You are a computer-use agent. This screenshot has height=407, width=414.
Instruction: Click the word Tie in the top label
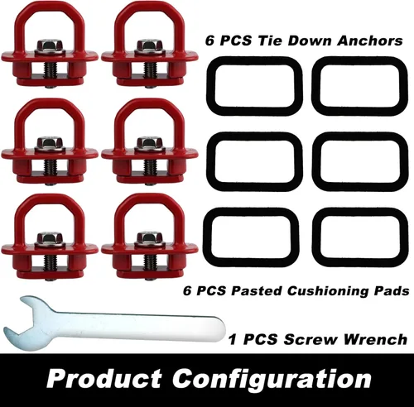[269, 41]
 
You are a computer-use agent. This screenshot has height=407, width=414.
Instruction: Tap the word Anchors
[369, 41]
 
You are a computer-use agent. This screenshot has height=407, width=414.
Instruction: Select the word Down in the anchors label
[310, 41]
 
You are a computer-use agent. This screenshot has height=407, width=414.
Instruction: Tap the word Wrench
[375, 339]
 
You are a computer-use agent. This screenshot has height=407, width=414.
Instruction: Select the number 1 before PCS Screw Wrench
[233, 339]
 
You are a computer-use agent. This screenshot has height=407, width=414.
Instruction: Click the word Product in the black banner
[104, 379]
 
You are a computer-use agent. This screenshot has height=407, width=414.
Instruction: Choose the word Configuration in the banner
[272, 380]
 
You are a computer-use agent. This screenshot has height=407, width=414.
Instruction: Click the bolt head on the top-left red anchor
[50, 45]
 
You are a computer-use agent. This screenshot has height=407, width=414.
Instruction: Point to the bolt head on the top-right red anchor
[150, 45]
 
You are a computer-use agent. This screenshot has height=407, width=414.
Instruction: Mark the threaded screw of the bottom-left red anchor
[51, 262]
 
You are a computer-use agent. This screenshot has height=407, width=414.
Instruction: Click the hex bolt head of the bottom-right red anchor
[150, 237]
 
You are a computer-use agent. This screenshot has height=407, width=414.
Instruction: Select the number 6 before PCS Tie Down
[210, 41]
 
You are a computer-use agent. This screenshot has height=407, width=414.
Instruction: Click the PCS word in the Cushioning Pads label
[211, 290]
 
